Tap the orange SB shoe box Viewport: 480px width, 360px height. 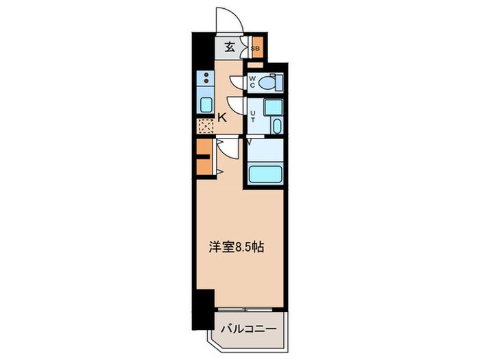click(255, 48)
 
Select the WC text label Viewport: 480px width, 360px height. click(252, 82)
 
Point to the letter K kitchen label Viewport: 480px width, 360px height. click(222, 117)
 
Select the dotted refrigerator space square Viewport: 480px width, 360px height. click(205, 126)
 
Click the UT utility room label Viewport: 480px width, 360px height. click(252, 116)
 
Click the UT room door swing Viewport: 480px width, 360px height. click(237, 106)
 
